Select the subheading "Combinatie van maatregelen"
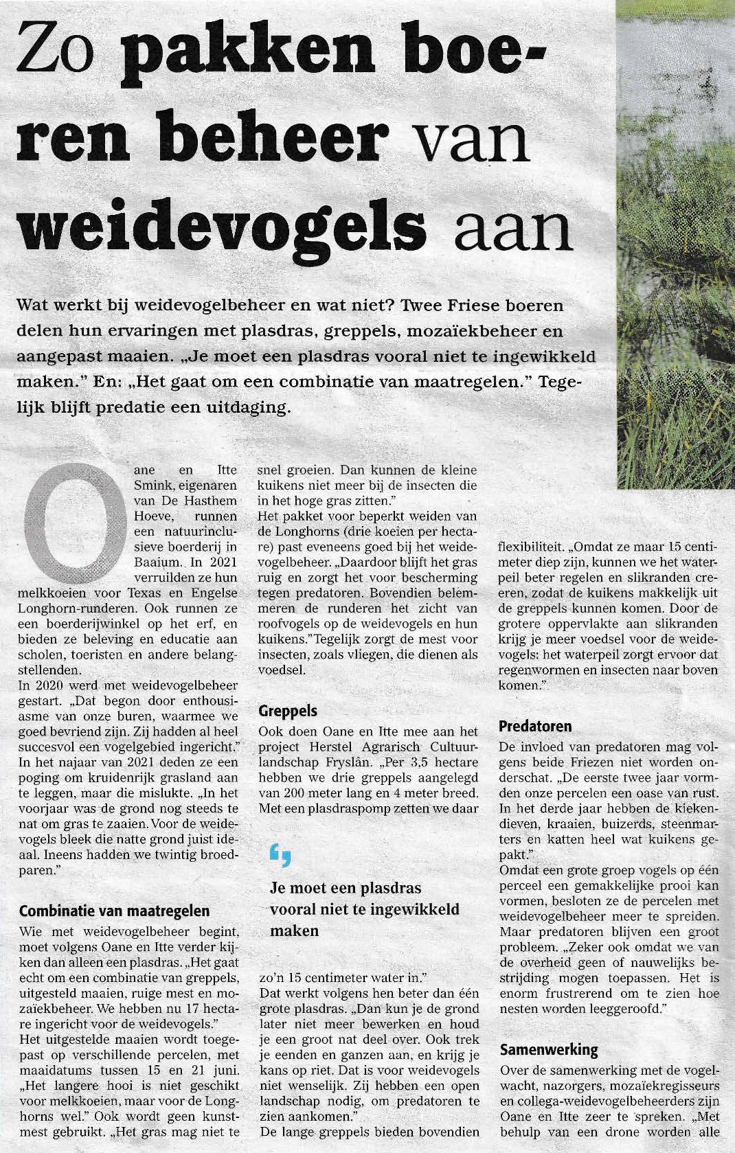click(x=114, y=911)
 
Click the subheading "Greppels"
click(x=288, y=711)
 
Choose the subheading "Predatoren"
click(x=535, y=726)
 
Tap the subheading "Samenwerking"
click(x=549, y=1049)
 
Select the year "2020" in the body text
click(x=49, y=685)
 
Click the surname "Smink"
click(x=152, y=486)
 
